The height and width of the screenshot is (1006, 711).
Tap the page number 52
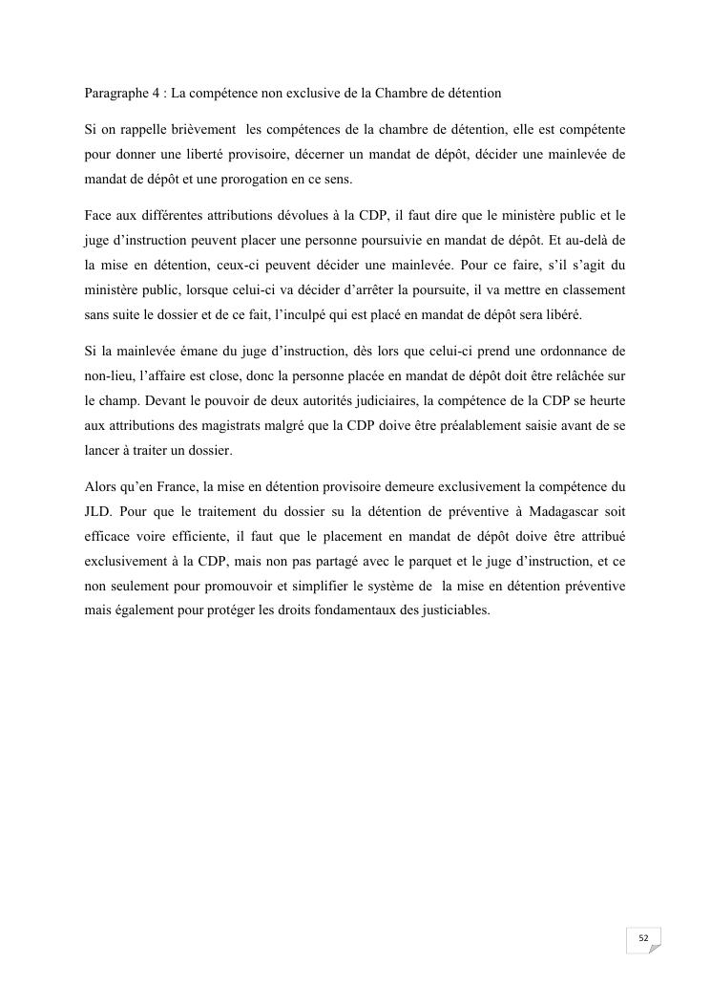pyautogui.click(x=643, y=939)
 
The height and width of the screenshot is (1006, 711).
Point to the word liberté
pyautogui.click(x=211, y=152)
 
